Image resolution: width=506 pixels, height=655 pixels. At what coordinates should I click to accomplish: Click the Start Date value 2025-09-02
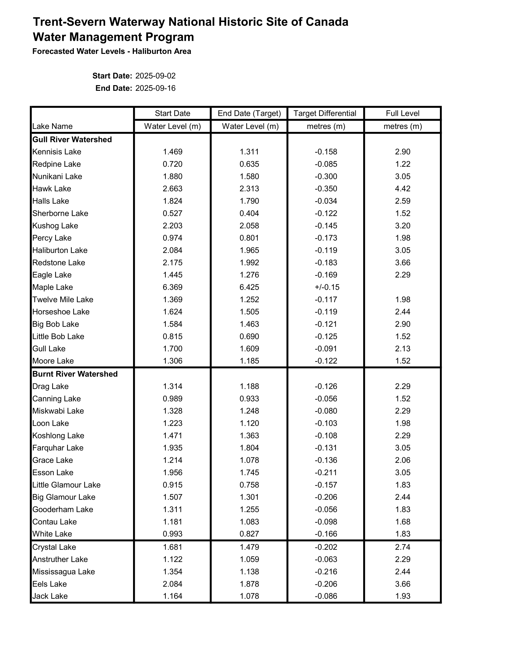[x=155, y=76]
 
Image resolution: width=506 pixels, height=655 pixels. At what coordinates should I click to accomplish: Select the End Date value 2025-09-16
[x=155, y=88]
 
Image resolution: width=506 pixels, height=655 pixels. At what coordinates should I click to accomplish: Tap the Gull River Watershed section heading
[x=72, y=140]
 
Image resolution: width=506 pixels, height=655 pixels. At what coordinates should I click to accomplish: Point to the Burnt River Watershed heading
[x=75, y=374]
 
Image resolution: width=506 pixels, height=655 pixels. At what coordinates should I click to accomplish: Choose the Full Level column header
[x=402, y=113]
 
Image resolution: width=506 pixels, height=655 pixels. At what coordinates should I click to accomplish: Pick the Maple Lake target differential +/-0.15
[x=327, y=287]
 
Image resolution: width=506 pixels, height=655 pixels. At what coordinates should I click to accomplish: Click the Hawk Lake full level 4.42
[x=402, y=189]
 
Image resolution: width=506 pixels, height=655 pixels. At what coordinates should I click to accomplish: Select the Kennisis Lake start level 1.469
[x=172, y=152]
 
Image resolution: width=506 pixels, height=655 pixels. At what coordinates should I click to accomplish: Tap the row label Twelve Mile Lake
[x=63, y=300]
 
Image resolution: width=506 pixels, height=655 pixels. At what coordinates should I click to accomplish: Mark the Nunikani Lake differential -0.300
[x=326, y=176]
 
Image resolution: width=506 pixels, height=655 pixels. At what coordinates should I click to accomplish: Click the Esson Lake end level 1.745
[x=249, y=472]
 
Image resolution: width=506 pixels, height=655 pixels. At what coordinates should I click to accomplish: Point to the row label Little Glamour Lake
[x=66, y=485]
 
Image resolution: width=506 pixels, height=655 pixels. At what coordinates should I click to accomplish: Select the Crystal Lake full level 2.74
[x=402, y=547]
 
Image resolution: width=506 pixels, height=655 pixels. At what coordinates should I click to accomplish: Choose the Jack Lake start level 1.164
[x=172, y=596]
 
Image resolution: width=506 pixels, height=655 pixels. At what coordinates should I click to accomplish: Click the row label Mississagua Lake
[x=64, y=572]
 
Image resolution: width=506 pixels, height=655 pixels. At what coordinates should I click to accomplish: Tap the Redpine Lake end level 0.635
[x=249, y=164]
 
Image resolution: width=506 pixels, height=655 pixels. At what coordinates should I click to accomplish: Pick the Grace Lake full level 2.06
[x=402, y=460]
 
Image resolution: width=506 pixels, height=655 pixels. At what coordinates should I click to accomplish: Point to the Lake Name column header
[x=52, y=126]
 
